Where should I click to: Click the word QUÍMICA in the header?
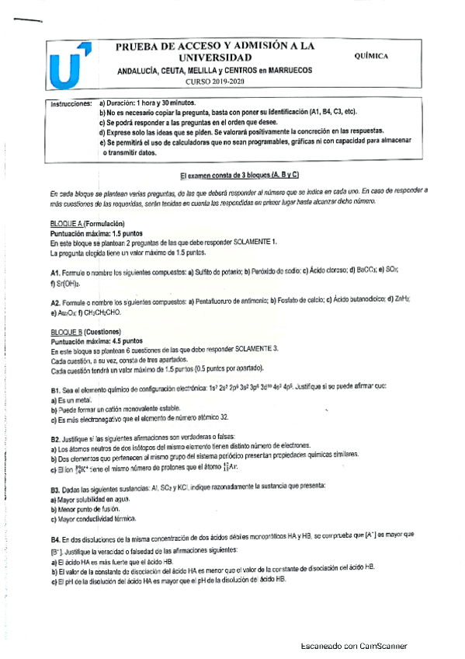tap(371, 56)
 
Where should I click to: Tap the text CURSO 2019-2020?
tap(215, 82)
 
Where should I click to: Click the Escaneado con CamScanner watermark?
tap(354, 646)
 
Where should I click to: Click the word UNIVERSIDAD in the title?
tap(215, 58)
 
